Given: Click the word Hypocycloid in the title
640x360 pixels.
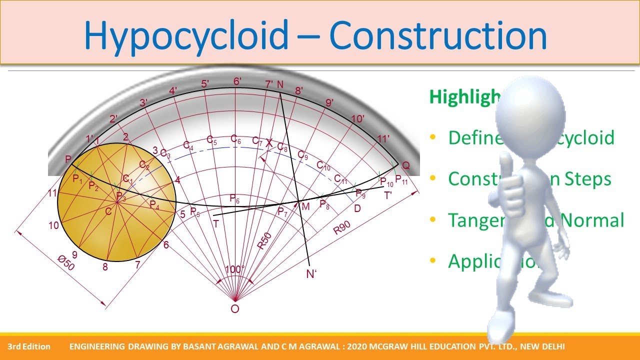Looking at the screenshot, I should (x=186, y=36).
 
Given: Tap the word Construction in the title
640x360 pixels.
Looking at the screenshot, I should (x=438, y=36).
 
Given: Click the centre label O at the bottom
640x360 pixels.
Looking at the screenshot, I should (x=234, y=309).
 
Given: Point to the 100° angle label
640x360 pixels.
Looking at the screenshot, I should (x=234, y=269).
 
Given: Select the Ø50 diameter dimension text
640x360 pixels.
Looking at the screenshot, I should (x=65, y=262).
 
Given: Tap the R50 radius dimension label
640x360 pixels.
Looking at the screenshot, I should (x=264, y=241).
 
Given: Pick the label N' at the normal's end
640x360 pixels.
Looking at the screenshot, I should (x=312, y=274).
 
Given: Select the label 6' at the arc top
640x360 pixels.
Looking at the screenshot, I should (x=237, y=81).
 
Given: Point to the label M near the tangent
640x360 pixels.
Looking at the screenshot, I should (x=305, y=206).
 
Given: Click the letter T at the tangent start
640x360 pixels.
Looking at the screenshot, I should (x=216, y=224).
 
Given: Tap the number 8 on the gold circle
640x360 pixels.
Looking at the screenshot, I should (x=105, y=267).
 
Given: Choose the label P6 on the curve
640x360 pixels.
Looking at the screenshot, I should (x=234, y=199).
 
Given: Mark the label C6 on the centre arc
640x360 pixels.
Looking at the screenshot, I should (x=236, y=139).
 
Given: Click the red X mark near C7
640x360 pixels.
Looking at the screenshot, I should (x=269, y=143).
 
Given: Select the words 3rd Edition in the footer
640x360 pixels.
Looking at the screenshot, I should (x=29, y=346).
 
